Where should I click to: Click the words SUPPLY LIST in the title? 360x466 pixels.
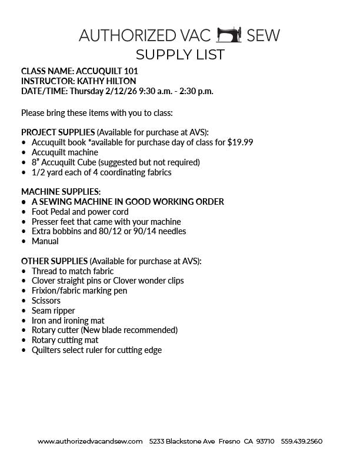click(x=179, y=55)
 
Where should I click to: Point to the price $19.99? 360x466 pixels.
click(x=240, y=142)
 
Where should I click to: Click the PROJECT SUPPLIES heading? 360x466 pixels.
click(x=58, y=132)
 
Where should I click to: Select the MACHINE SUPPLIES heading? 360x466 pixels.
click(x=61, y=192)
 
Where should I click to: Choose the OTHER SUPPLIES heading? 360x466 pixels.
click(x=54, y=261)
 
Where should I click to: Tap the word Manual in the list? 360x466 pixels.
click(x=45, y=241)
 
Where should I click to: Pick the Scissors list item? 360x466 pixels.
click(x=46, y=301)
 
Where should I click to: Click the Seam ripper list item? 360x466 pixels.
click(x=53, y=311)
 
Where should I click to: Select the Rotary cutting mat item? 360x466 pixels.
click(x=65, y=340)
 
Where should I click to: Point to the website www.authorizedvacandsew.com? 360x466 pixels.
click(x=90, y=441)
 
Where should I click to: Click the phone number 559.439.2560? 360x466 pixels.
click(x=301, y=441)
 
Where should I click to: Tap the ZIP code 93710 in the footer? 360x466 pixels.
click(x=265, y=441)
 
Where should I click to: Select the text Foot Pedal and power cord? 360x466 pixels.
click(x=80, y=212)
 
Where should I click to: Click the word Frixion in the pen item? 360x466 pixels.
click(x=44, y=291)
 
